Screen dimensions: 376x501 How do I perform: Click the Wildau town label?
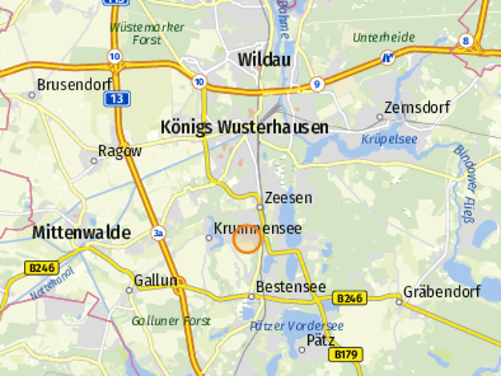(264, 59)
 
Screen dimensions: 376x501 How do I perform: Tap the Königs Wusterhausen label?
(244, 127)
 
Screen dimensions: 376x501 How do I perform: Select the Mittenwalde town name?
(81, 233)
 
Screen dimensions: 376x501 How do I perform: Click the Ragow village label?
(119, 150)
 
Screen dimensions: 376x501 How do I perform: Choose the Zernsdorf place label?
(416, 107)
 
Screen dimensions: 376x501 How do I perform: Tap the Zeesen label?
(288, 197)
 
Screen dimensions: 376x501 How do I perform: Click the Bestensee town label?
(291, 286)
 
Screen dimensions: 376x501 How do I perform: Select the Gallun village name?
(155, 280)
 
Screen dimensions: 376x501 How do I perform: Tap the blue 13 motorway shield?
(117, 98)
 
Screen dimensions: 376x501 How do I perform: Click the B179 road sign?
(347, 354)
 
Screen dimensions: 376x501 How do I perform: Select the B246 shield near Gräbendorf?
(349, 298)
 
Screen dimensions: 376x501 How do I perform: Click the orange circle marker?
(247, 239)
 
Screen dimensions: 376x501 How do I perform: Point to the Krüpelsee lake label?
(389, 139)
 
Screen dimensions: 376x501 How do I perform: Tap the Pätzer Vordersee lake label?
(296, 326)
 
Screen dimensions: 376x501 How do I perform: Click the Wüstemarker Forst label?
(146, 32)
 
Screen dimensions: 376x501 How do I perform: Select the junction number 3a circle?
(158, 233)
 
